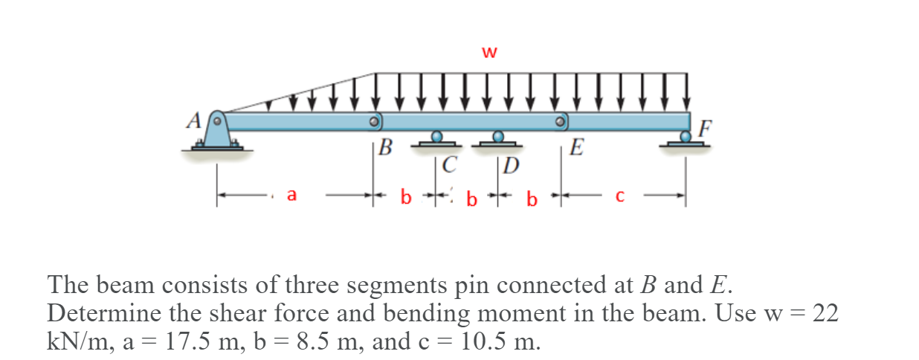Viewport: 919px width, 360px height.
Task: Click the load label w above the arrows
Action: pyautogui.click(x=488, y=52)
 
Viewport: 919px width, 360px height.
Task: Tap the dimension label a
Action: pyautogui.click(x=291, y=196)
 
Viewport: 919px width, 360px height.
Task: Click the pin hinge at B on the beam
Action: pyautogui.click(x=375, y=120)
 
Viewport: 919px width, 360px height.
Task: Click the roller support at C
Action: pyautogui.click(x=437, y=138)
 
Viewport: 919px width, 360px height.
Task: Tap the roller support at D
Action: pyautogui.click(x=499, y=138)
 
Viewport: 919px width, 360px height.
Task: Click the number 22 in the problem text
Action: pyautogui.click(x=825, y=313)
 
